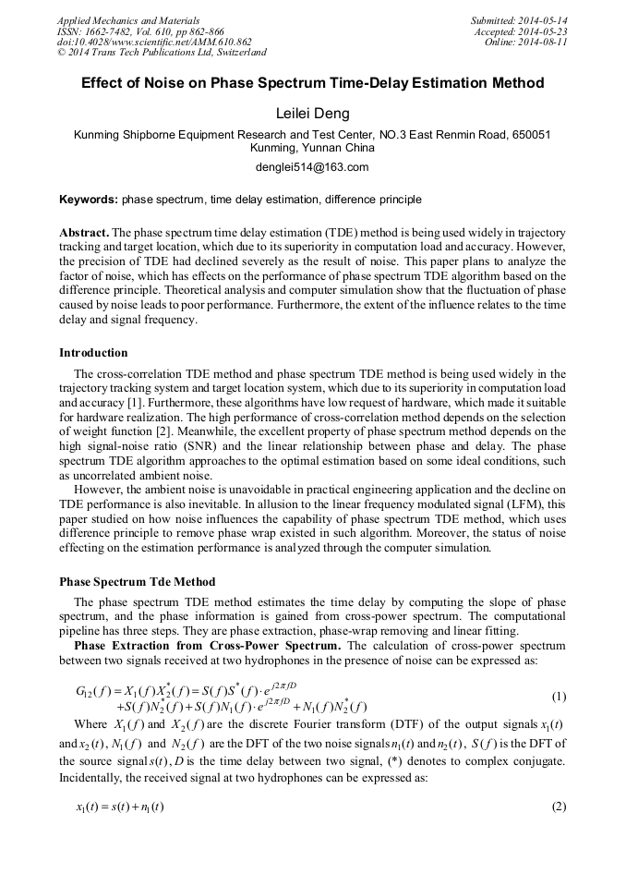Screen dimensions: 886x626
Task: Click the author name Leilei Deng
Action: (x=312, y=113)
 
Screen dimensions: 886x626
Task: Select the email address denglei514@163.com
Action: (x=312, y=167)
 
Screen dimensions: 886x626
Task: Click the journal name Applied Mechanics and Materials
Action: (x=127, y=20)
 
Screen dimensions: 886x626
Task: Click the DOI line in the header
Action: (x=154, y=42)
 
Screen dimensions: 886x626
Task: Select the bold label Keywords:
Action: (x=89, y=200)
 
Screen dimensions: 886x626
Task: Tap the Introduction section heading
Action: (x=93, y=353)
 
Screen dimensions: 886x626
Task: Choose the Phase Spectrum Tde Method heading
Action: (x=137, y=582)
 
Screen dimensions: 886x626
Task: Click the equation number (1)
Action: (x=559, y=695)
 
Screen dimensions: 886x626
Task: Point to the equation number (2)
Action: (x=559, y=807)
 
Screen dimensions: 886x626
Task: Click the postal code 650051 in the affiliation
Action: (x=531, y=134)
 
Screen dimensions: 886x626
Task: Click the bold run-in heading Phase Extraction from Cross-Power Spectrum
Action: (x=207, y=645)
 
